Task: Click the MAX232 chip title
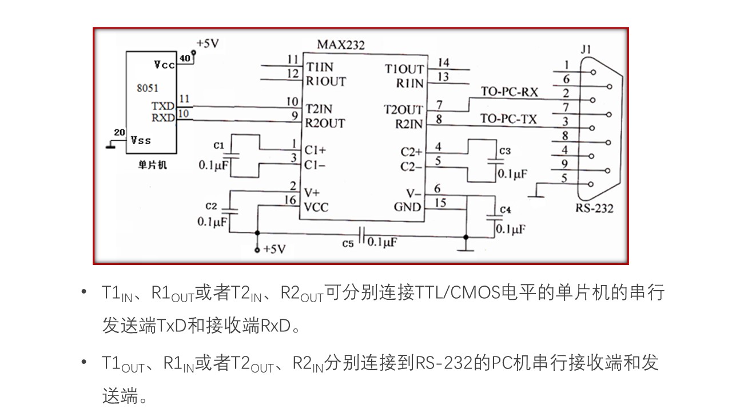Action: coord(341,45)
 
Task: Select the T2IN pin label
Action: coord(319,109)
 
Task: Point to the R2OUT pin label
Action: coord(324,122)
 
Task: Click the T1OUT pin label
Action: coord(404,69)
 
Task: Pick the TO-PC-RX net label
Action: coord(509,92)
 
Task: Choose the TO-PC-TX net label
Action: coord(508,119)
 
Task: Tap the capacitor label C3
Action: coord(505,151)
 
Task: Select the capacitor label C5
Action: coord(348,243)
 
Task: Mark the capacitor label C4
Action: coord(505,210)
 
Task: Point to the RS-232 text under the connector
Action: coord(594,208)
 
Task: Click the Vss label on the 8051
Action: coord(141,140)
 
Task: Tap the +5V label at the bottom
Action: coord(274,249)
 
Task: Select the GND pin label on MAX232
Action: coord(407,207)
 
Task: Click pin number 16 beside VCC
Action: coord(291,200)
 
